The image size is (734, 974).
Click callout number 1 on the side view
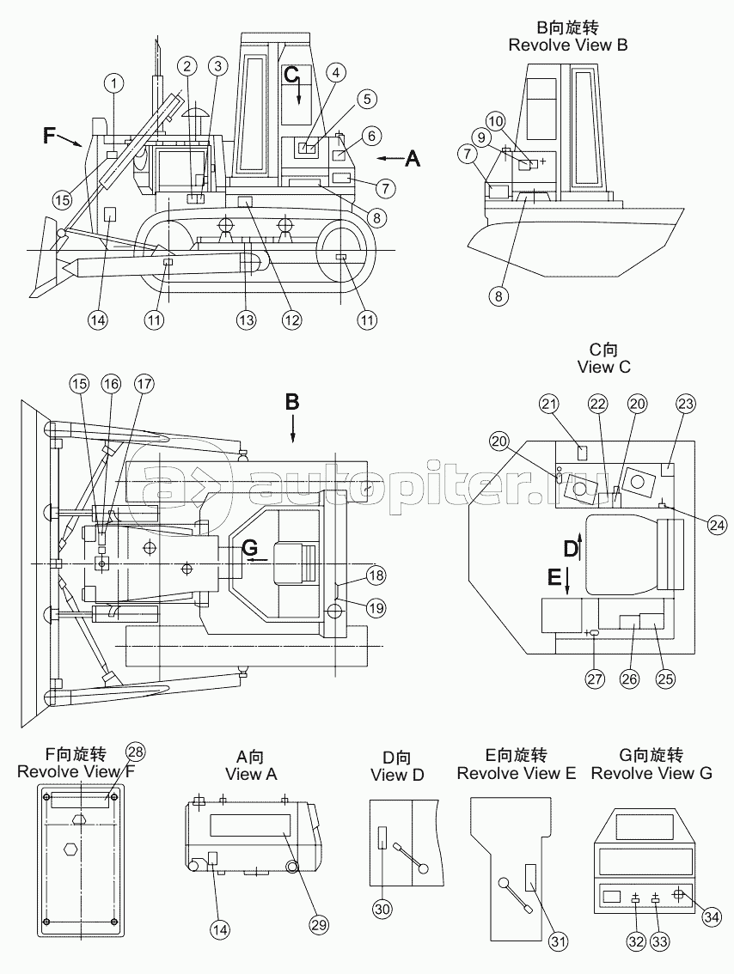114,82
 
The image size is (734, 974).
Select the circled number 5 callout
367,99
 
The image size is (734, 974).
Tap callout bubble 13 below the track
246,320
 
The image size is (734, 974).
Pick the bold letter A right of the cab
412,160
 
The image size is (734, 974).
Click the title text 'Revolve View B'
568,46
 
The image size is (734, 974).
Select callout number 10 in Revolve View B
495,121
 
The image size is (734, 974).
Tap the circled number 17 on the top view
144,385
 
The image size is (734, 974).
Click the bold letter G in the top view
249,547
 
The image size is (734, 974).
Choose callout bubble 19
376,607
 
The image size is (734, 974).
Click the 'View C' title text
603,367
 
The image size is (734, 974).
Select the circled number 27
595,679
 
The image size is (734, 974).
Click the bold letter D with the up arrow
571,549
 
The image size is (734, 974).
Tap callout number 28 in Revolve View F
135,752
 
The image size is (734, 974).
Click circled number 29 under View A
319,925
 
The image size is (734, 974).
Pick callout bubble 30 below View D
382,910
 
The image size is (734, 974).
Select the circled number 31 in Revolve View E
558,942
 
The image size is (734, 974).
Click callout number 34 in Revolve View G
713,916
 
